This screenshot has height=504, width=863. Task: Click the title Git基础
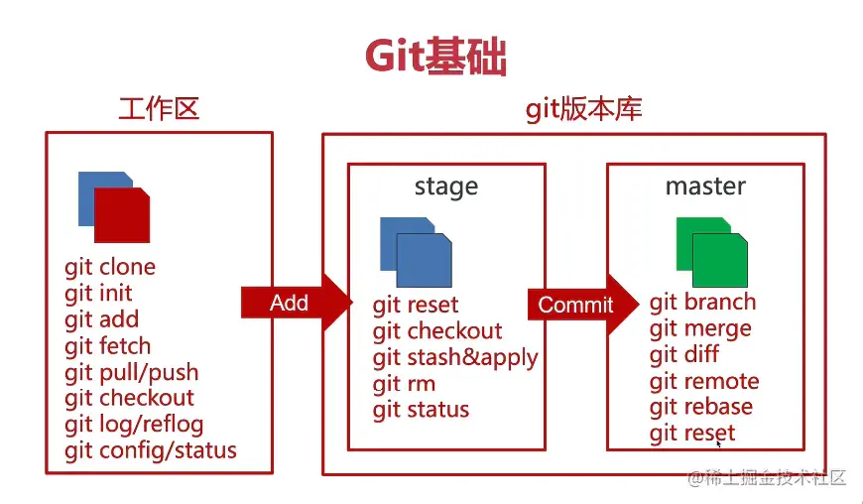tap(435, 58)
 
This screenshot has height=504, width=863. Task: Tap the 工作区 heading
tap(159, 108)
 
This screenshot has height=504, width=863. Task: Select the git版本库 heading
tap(583, 108)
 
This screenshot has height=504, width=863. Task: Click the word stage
tap(445, 187)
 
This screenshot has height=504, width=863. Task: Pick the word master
tap(705, 186)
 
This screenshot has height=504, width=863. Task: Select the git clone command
tap(110, 267)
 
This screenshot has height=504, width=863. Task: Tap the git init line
tap(98, 293)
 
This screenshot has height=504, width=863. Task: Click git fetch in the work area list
tap(108, 346)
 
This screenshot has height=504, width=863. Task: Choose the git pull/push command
tap(132, 373)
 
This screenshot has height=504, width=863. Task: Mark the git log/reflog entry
tap(134, 425)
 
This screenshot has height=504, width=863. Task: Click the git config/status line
tap(151, 451)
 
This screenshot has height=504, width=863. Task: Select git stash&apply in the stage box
tap(455, 357)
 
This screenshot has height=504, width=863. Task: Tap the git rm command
tap(404, 384)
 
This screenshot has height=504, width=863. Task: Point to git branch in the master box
tap(702, 303)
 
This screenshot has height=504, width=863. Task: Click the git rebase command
tap(700, 407)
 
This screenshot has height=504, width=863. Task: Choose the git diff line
tap(684, 354)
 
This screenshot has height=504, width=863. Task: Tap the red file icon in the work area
tap(121, 213)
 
